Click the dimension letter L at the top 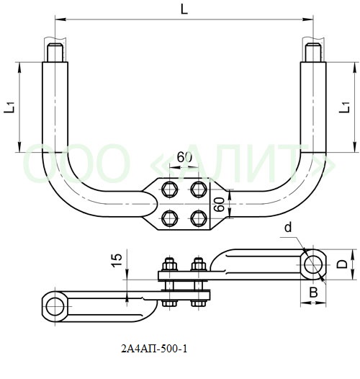[184, 9]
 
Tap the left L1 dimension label [10, 107]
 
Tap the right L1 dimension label [345, 107]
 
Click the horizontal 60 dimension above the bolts [184, 157]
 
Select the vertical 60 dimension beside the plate [220, 205]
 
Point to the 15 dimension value [117, 260]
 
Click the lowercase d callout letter [288, 228]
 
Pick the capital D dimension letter [342, 264]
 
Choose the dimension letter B [313, 293]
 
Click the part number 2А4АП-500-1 [154, 349]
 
